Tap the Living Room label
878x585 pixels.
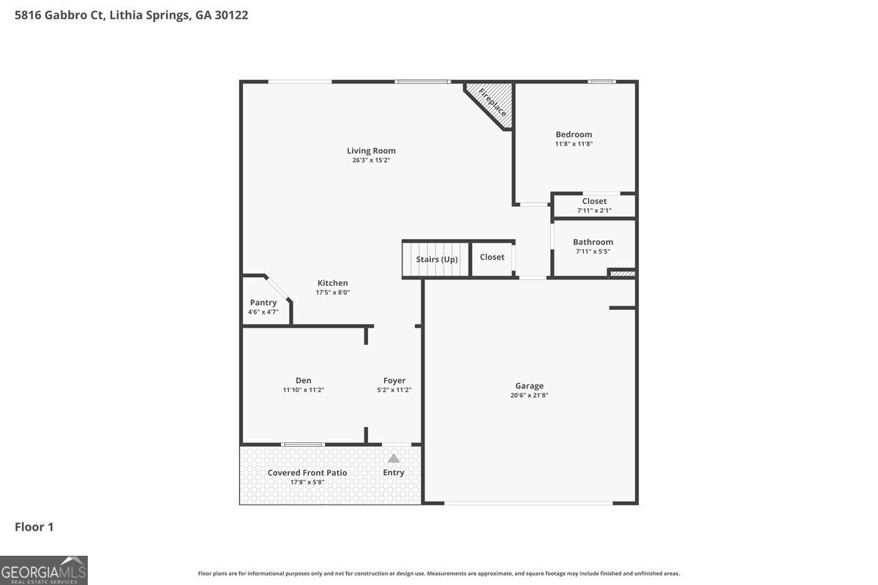pyautogui.click(x=371, y=151)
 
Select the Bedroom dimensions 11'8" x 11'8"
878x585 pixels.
pyautogui.click(x=574, y=144)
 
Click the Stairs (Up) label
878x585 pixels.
pyautogui.click(x=437, y=260)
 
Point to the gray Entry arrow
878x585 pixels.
pyautogui.click(x=394, y=458)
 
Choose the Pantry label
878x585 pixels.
pyautogui.click(x=263, y=303)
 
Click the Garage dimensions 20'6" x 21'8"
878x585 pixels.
pyautogui.click(x=529, y=396)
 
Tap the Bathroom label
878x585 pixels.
pyautogui.click(x=593, y=242)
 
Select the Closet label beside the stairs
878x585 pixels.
pyautogui.click(x=492, y=257)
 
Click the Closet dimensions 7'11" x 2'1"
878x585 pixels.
pyautogui.click(x=594, y=211)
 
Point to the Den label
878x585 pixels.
pyautogui.click(x=304, y=380)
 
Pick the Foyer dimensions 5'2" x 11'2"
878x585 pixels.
pyautogui.click(x=394, y=390)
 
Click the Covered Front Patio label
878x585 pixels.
pyautogui.click(x=307, y=473)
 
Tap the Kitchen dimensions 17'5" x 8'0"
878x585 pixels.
pyautogui.click(x=333, y=292)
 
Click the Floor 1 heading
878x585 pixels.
pyautogui.click(x=34, y=527)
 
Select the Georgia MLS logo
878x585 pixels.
pyautogui.click(x=43, y=570)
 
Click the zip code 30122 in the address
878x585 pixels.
pyautogui.click(x=231, y=15)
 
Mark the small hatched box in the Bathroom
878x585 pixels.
pyautogui.click(x=623, y=273)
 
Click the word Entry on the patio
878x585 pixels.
pyautogui.click(x=394, y=472)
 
